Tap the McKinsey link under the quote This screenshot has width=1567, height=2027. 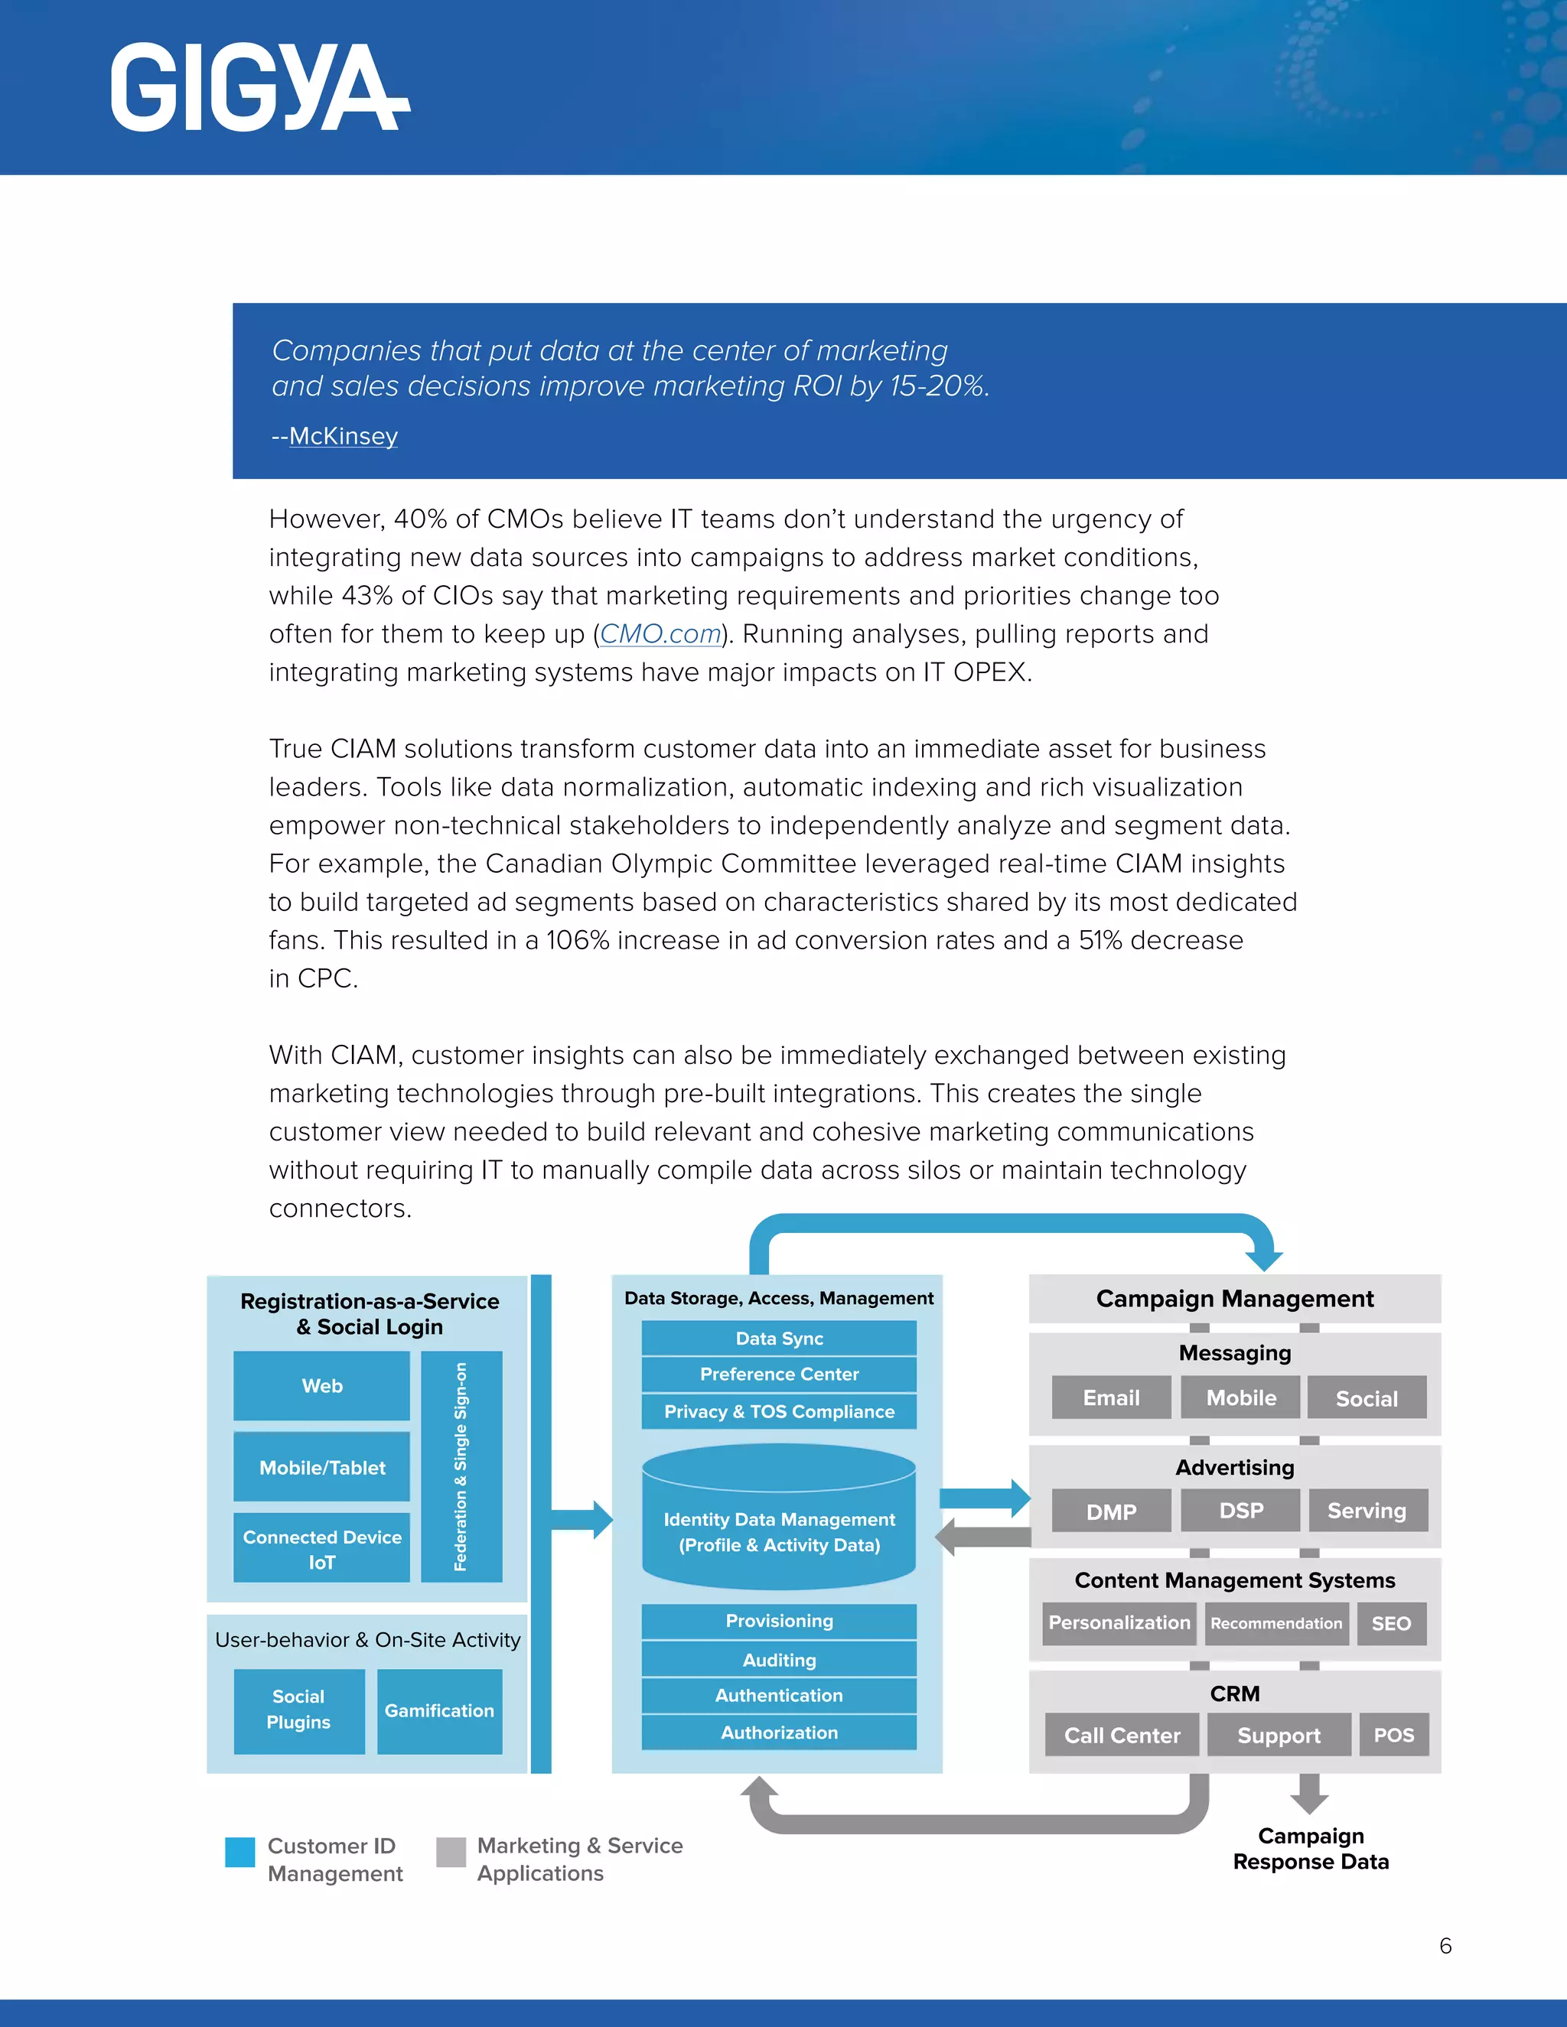pos(343,436)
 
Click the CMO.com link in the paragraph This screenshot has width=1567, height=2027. pos(660,634)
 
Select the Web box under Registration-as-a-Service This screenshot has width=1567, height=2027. pos(321,1386)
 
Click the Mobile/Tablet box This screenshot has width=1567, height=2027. pos(321,1467)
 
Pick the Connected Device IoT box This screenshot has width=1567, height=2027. pos(321,1549)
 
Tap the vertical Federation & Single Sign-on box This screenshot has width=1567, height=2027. pos(461,1466)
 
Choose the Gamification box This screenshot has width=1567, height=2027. pos(439,1710)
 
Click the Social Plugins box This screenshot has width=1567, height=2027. pos(298,1710)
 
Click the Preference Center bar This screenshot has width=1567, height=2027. pos(779,1374)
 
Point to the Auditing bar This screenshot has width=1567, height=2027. pos(779,1660)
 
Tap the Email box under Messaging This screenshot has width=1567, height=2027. pos(1111,1397)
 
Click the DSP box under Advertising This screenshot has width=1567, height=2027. pos(1240,1511)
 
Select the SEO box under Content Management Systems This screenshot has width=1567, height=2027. pos(1390,1623)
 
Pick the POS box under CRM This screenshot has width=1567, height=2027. pos(1393,1735)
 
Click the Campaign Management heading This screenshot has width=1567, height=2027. pos(1235,1299)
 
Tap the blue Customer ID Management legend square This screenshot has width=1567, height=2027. pos(240,1852)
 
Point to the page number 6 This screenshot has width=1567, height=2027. pos(1445,1945)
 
